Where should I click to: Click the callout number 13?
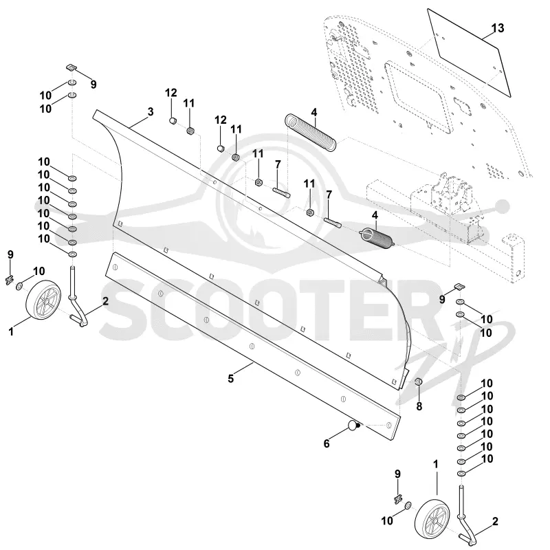(497, 27)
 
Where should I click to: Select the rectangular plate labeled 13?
(469, 53)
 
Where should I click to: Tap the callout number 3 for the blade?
(151, 112)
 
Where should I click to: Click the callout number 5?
(230, 379)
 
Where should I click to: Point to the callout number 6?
(327, 443)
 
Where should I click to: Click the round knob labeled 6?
(353, 426)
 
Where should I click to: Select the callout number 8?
(419, 406)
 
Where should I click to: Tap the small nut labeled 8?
(418, 382)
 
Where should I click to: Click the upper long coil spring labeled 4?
(310, 132)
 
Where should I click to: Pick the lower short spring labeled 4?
(377, 239)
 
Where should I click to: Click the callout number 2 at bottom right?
(495, 521)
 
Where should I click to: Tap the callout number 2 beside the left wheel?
(105, 301)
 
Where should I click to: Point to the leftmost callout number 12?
(170, 93)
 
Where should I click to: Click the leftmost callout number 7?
(278, 164)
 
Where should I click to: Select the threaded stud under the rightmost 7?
(333, 223)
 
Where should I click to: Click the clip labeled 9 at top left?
(71, 67)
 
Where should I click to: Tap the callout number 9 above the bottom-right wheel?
(397, 474)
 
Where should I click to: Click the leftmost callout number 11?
(188, 103)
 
